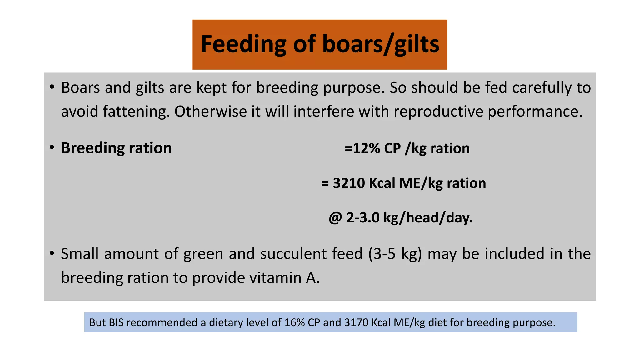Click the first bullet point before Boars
tap(52, 87)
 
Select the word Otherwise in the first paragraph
tap(210, 112)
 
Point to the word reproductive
tap(438, 112)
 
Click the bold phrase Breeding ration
tap(116, 148)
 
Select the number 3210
tap(348, 183)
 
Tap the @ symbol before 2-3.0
tap(335, 218)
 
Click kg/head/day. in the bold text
tap(428, 218)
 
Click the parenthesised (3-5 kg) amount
tap(395, 254)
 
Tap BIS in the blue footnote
tap(116, 322)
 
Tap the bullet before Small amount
tap(52, 253)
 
